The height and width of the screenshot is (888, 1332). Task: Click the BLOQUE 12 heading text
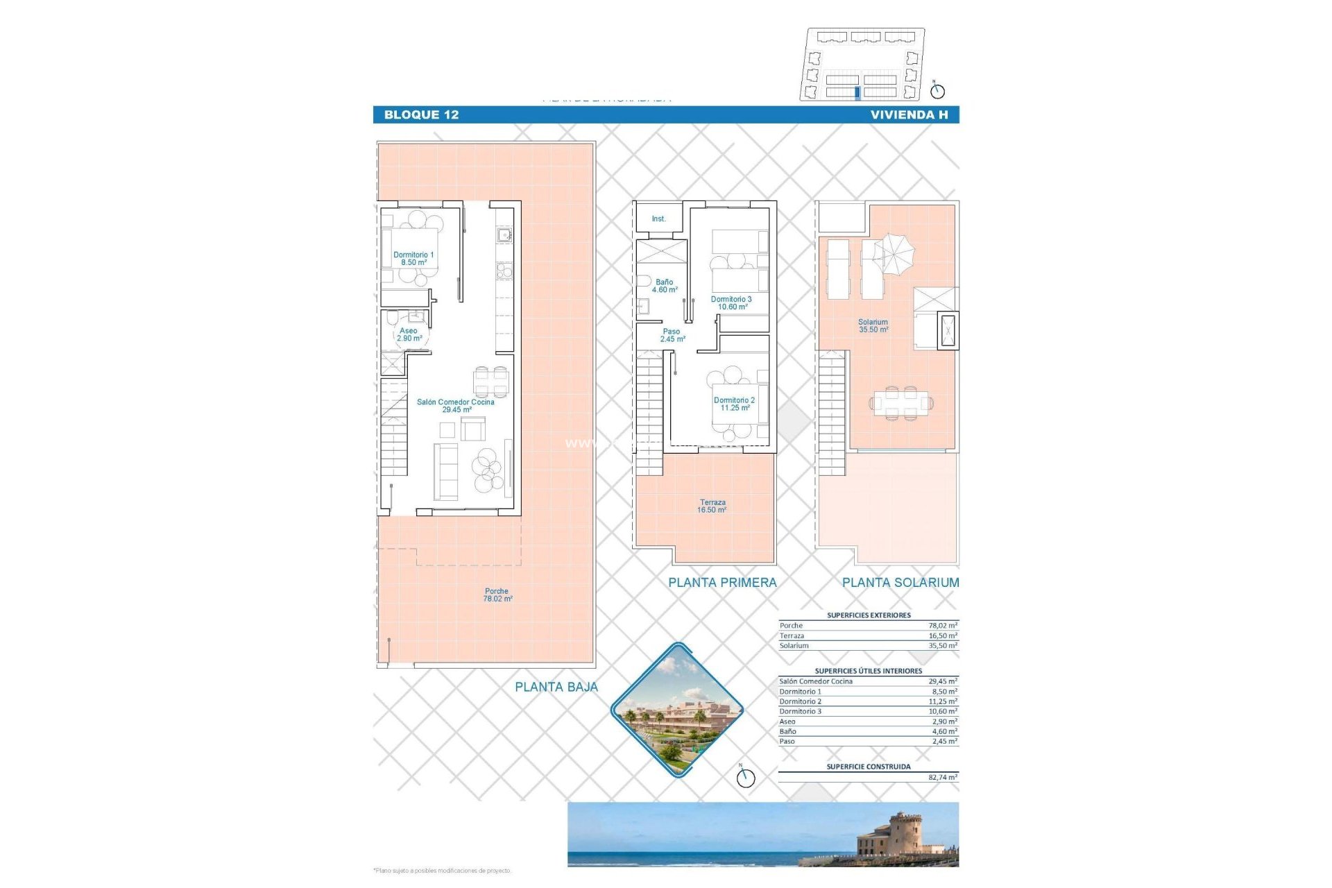[421, 115]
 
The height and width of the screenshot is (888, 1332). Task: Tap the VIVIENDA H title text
[909, 115]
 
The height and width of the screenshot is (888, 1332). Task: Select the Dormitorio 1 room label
[413, 258]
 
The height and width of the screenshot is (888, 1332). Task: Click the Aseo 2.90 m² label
[409, 334]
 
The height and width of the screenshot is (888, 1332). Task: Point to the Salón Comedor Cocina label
[456, 406]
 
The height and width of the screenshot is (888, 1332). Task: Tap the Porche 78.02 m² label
[497, 595]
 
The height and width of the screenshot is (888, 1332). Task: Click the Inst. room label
[658, 219]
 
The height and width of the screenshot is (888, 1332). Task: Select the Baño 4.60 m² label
[664, 286]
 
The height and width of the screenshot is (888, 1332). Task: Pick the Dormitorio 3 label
[731, 302]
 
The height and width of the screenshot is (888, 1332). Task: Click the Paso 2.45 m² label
[672, 335]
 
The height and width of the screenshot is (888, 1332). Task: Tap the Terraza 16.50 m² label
[712, 506]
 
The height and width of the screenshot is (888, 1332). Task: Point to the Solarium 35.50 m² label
[873, 325]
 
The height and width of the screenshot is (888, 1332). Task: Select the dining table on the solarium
[900, 402]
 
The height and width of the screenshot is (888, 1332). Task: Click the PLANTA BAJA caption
[556, 687]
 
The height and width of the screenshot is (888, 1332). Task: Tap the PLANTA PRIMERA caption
[722, 583]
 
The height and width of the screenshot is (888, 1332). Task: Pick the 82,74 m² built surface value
[942, 778]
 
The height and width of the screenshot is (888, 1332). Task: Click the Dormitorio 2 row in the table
[868, 701]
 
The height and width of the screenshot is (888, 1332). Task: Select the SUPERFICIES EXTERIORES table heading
[869, 615]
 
